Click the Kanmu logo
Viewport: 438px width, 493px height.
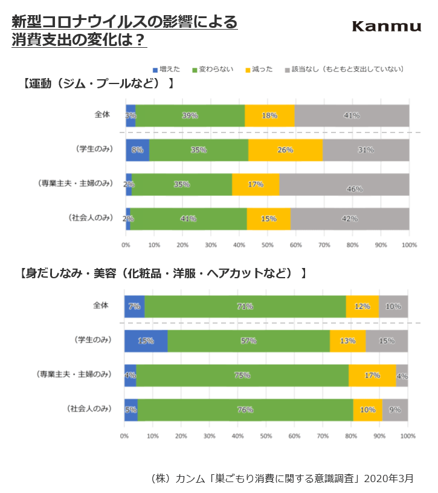coord(386,26)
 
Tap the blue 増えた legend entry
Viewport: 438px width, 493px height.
coord(167,70)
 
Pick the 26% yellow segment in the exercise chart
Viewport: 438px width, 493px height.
coord(285,150)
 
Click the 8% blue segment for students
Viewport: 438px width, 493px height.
coord(137,150)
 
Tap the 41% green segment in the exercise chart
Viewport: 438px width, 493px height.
coord(188,218)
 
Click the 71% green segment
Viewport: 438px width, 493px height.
coord(245,306)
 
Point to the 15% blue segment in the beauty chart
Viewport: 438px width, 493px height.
coord(146,341)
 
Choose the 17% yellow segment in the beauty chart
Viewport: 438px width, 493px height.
coord(372,375)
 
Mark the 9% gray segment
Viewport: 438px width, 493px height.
coord(395,410)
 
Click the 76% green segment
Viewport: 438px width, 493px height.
coord(245,410)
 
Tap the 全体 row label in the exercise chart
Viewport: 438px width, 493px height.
coord(102,114)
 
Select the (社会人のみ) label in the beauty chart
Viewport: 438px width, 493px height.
coord(89,409)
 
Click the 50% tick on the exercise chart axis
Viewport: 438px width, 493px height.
coord(268,245)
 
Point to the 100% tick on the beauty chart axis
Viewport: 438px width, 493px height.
coord(408,436)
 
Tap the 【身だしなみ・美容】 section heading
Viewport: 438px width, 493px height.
coord(163,273)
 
